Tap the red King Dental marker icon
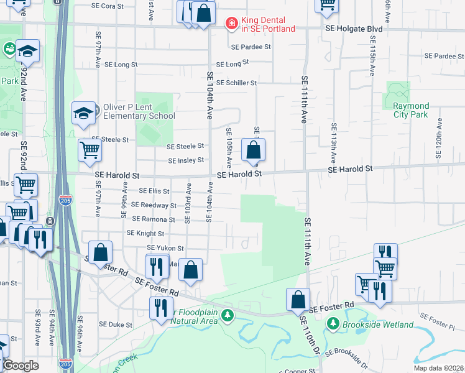click(231, 24)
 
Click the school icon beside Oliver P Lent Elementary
click(83, 113)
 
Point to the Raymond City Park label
click(411, 111)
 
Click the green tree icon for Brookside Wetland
click(333, 324)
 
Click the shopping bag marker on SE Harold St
click(253, 150)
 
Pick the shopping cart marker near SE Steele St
click(90, 150)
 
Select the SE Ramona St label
click(154, 219)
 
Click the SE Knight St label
click(145, 234)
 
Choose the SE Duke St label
click(116, 325)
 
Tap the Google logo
click(21, 366)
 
